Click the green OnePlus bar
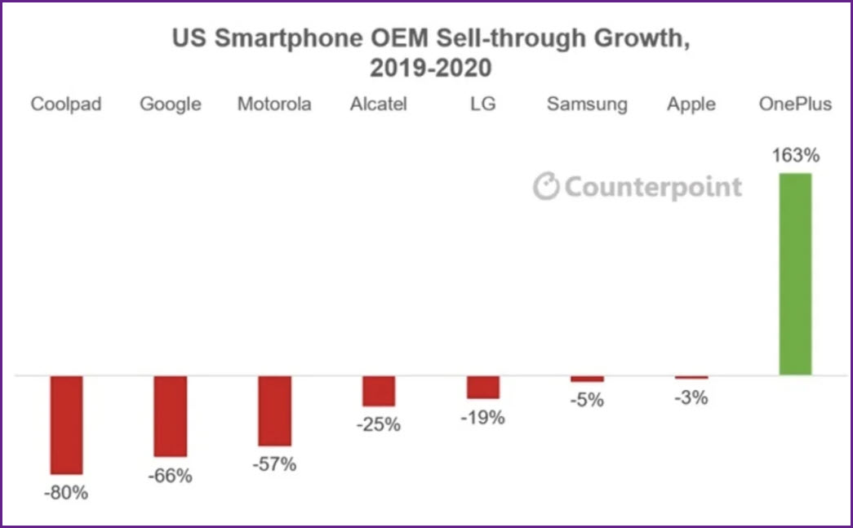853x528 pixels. (x=795, y=274)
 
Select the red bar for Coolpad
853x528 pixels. (x=66, y=424)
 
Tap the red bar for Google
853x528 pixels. (x=171, y=416)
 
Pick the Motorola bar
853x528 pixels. (x=275, y=410)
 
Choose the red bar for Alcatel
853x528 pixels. (x=379, y=391)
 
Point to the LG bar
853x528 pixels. (x=483, y=387)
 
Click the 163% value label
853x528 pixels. (x=796, y=156)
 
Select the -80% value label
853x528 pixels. (x=66, y=493)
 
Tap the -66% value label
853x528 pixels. (x=171, y=476)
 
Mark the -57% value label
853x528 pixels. (x=274, y=464)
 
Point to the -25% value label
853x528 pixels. (x=379, y=424)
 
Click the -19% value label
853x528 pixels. (x=483, y=417)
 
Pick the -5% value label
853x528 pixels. (x=587, y=400)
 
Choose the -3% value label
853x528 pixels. (x=691, y=397)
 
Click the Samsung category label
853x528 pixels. (x=587, y=104)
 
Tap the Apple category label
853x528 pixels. (x=691, y=104)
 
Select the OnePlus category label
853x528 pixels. (x=795, y=104)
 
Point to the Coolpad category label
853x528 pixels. (x=66, y=104)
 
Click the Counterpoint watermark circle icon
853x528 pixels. (x=546, y=187)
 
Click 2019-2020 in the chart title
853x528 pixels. (x=430, y=68)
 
